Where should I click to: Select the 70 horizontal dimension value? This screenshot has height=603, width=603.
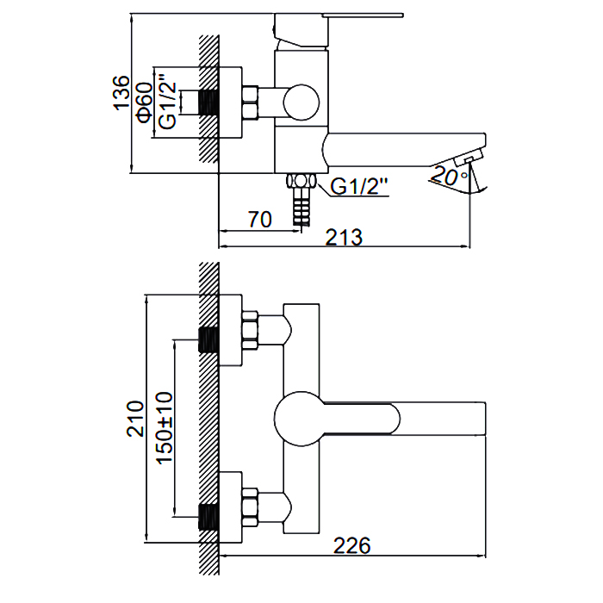tap(259, 219)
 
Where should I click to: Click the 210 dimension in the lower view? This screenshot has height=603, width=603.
tap(136, 418)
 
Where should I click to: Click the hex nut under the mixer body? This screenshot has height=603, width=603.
tap(301, 182)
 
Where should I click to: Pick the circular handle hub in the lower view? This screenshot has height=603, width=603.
tap(299, 420)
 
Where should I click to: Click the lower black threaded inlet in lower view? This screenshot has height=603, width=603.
tap(208, 515)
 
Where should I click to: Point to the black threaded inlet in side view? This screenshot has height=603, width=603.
tap(208, 103)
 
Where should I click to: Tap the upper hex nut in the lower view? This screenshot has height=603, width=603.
tap(250, 330)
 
